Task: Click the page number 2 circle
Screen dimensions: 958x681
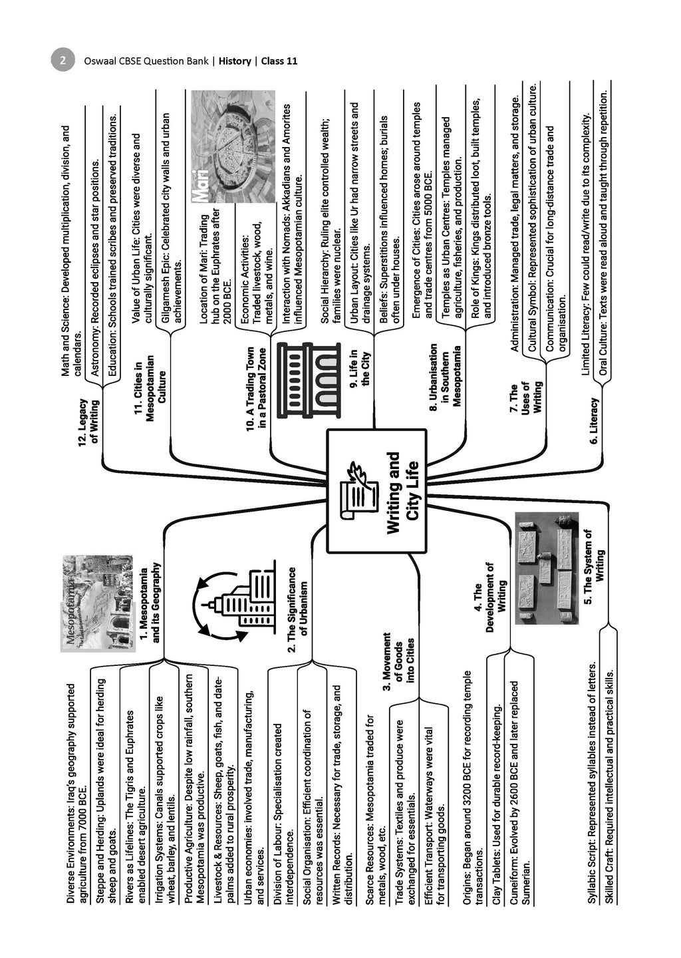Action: click(63, 61)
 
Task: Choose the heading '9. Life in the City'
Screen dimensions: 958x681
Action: click(360, 367)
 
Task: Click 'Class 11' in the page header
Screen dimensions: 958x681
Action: click(279, 61)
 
